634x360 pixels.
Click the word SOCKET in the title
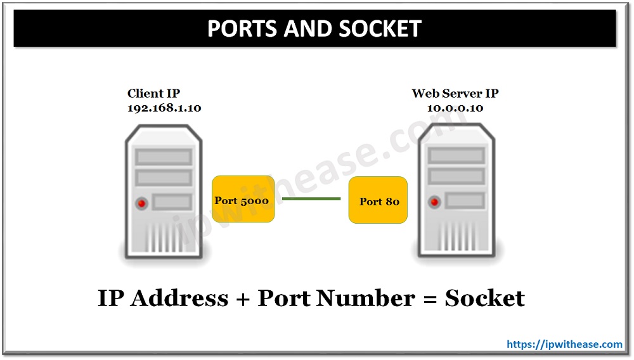[384, 29]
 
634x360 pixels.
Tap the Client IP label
[153, 93]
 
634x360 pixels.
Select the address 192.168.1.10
[164, 108]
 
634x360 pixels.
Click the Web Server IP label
[455, 93]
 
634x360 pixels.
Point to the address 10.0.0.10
[455, 108]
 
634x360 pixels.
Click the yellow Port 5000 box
[243, 199]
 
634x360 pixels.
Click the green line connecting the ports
[311, 198]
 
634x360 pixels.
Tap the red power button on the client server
[141, 203]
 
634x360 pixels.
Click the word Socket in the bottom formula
[484, 298]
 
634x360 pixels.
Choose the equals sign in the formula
[427, 299]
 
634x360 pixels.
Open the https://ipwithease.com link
[564, 344]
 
